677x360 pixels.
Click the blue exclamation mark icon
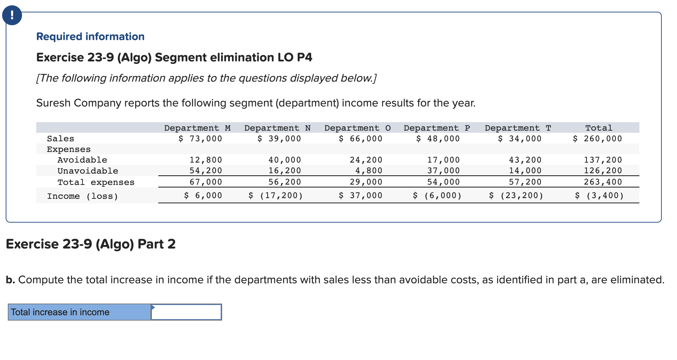click(12, 16)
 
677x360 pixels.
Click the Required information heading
click(90, 37)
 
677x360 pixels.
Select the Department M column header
click(197, 128)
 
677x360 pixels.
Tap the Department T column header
click(518, 128)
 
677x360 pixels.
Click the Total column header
click(599, 128)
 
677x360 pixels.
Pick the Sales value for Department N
click(279, 138)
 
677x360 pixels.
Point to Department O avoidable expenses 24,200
click(366, 160)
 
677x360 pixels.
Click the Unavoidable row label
click(88, 171)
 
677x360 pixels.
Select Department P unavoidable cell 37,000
click(443, 170)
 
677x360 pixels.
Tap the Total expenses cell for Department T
click(525, 182)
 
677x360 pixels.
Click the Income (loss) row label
click(82, 196)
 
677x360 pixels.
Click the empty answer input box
click(186, 312)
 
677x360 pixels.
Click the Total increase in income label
click(60, 312)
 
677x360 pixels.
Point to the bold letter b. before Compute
click(10, 280)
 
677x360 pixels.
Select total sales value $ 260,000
click(598, 138)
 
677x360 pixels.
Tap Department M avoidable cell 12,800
click(205, 160)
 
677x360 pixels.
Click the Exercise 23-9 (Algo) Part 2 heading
click(91, 244)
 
